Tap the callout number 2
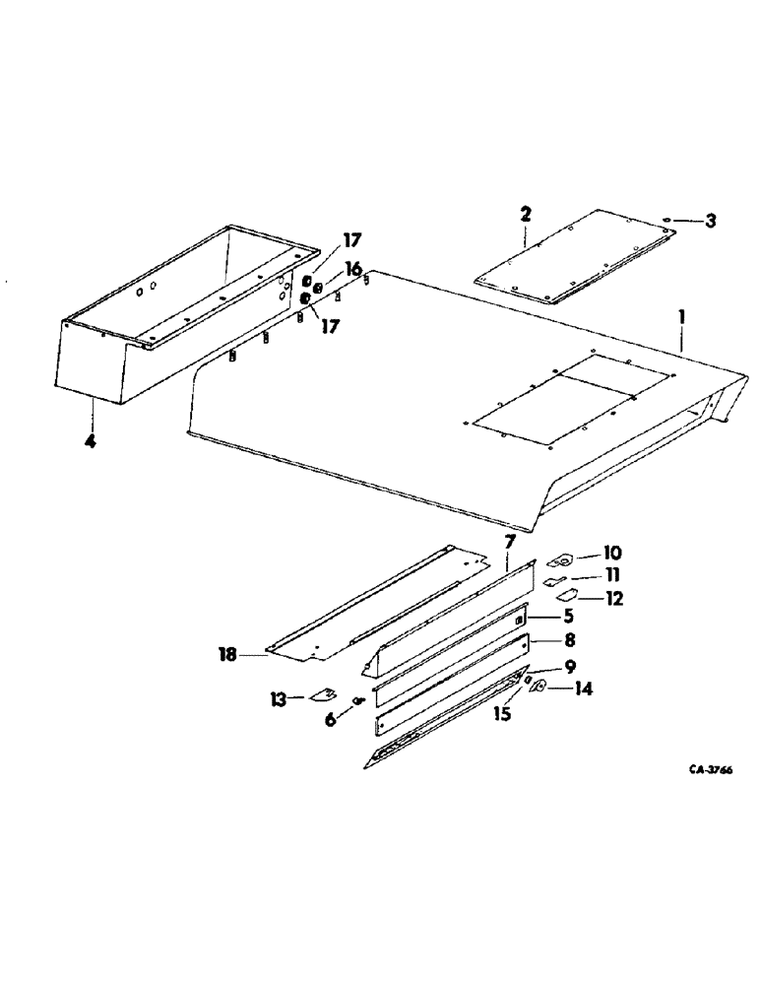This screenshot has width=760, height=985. (526, 214)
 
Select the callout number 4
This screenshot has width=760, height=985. (90, 442)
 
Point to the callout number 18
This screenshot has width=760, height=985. (227, 653)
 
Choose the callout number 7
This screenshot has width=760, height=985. (509, 541)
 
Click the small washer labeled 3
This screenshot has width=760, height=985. (668, 220)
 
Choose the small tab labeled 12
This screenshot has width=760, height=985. (569, 596)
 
